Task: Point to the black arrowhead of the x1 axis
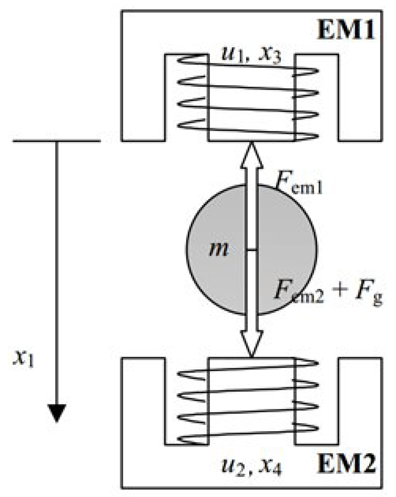[x=57, y=412]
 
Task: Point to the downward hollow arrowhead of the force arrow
[x=252, y=344]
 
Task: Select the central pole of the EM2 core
[x=251, y=401]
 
